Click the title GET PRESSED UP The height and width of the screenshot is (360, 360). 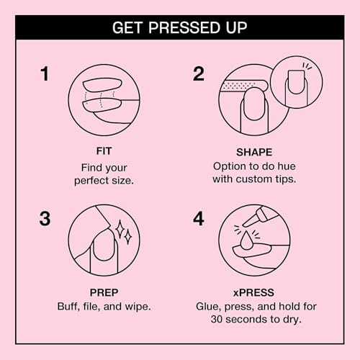180,27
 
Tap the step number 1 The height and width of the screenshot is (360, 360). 45,75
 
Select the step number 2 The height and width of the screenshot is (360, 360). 199,75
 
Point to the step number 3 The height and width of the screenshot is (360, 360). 45,218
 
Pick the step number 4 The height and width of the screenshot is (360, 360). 199,218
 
